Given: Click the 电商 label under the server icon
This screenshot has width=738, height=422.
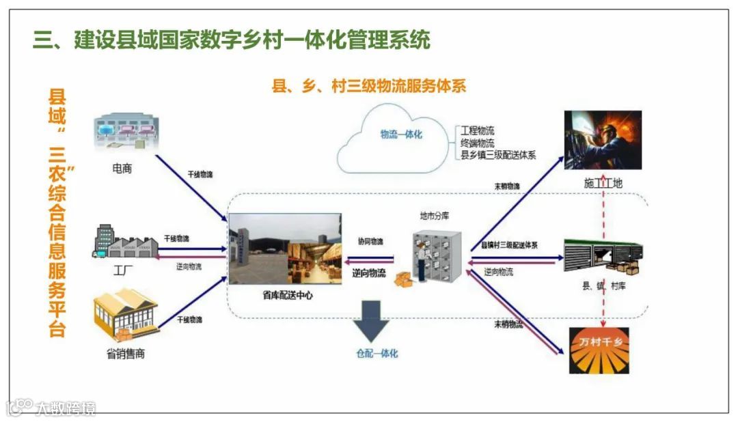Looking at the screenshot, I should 122,168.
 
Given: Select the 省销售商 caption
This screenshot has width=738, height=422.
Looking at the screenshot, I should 126,354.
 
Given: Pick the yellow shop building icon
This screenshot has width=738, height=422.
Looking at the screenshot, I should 125,315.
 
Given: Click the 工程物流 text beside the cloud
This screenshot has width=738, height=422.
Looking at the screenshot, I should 478,130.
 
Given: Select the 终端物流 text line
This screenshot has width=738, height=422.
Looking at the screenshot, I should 478,143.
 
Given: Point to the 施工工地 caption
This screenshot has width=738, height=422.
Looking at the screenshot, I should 603,183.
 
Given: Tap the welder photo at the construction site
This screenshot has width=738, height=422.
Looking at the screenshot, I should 603,140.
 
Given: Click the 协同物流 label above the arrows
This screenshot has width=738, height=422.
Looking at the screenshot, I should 370,241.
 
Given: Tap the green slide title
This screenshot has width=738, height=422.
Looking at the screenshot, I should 232,40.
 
